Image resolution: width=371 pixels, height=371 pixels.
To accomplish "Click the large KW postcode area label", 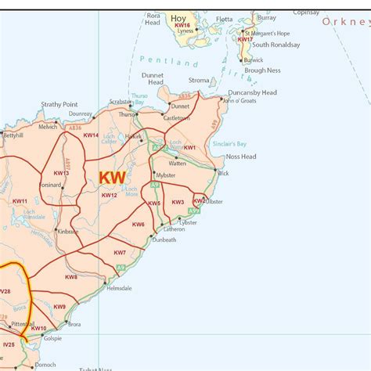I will (112, 178).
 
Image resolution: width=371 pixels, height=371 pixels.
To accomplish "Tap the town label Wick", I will (224, 173).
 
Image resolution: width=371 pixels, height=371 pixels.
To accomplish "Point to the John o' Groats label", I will (239, 101).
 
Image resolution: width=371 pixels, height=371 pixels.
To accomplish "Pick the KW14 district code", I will (91, 135).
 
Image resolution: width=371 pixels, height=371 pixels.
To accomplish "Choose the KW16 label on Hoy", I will (182, 26).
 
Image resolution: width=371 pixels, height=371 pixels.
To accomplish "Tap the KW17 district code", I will (246, 39).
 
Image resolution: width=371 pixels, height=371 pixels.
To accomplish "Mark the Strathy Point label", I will (59, 104).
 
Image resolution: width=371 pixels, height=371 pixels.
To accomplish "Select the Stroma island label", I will (199, 81).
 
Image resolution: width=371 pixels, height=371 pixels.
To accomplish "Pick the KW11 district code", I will (20, 202).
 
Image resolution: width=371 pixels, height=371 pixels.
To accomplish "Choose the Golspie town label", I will (52, 338).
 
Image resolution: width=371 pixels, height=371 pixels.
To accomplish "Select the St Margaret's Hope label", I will (268, 34).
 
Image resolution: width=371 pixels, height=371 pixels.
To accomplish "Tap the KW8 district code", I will (71, 277).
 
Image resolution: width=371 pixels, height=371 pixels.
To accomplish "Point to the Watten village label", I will (177, 164).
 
